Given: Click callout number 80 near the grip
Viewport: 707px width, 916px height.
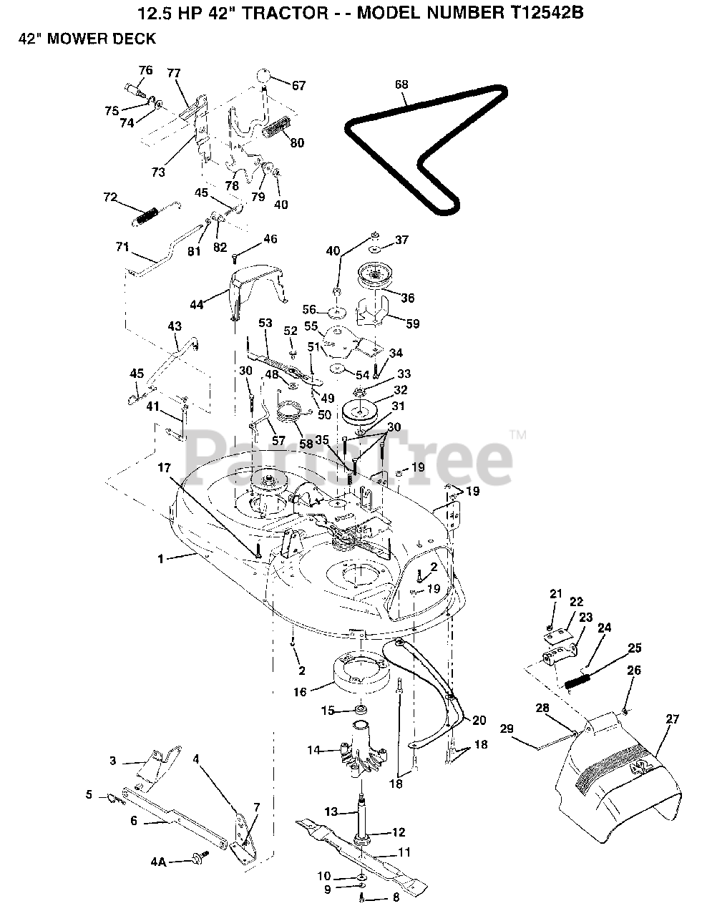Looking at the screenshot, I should (x=296, y=143).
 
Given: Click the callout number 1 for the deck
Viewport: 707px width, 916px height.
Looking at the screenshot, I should (x=161, y=558).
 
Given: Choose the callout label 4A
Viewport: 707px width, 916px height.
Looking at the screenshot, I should (x=158, y=862).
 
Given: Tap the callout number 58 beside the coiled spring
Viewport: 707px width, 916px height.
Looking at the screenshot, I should (x=306, y=444).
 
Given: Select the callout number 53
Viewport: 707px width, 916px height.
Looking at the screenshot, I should (x=265, y=324).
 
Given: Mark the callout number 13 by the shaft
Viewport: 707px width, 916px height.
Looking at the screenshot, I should (x=331, y=812).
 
